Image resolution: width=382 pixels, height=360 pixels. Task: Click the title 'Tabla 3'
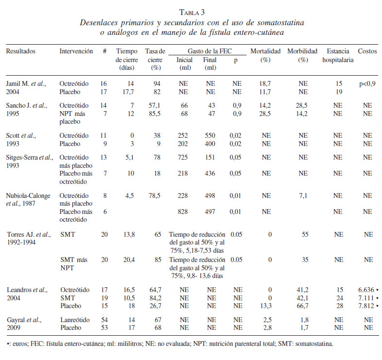click(x=191, y=13)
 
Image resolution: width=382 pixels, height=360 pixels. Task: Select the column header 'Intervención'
click(x=76, y=51)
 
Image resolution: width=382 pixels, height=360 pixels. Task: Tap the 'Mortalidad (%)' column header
click(x=265, y=55)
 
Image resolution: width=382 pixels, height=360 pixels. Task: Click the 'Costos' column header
click(x=367, y=51)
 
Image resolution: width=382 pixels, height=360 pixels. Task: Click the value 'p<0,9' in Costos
click(x=367, y=84)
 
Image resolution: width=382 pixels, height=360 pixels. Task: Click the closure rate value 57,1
click(x=155, y=106)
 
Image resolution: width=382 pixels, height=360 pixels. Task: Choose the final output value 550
click(x=210, y=136)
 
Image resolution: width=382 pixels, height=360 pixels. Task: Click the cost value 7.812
click(x=366, y=306)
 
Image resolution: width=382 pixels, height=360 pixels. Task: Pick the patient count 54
click(x=104, y=320)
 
